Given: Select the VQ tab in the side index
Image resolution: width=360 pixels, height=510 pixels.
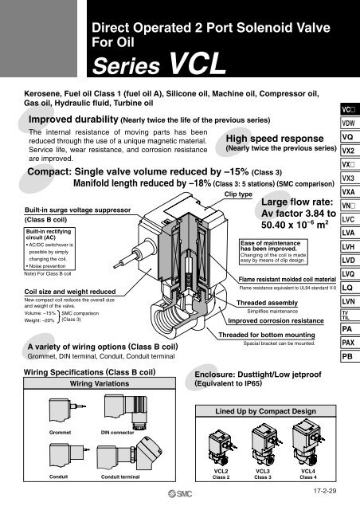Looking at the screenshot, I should (347, 136).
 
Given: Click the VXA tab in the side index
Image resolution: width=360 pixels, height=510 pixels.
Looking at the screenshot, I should (347, 191).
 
